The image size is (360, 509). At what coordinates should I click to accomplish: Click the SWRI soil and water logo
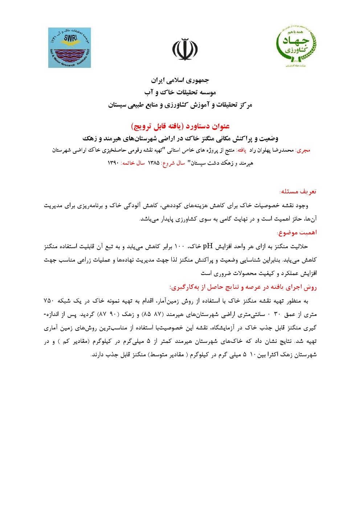click(x=70, y=48)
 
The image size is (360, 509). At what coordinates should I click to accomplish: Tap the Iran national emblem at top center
click(x=185, y=49)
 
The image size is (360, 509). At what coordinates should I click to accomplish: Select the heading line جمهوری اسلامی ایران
click(x=180, y=80)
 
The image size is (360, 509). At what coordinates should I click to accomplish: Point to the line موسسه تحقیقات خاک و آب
click(x=180, y=92)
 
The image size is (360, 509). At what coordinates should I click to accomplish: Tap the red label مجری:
click(x=303, y=150)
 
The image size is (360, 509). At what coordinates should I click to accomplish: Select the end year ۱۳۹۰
click(x=113, y=163)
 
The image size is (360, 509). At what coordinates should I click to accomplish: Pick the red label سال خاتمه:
click(x=133, y=163)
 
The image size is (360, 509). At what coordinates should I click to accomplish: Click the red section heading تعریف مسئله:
click(x=298, y=191)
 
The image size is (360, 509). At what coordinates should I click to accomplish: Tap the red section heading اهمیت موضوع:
click(x=296, y=233)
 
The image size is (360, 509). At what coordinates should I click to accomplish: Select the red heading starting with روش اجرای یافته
click(x=243, y=287)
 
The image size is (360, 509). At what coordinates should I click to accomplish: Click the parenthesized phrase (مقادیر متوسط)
click(x=166, y=354)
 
